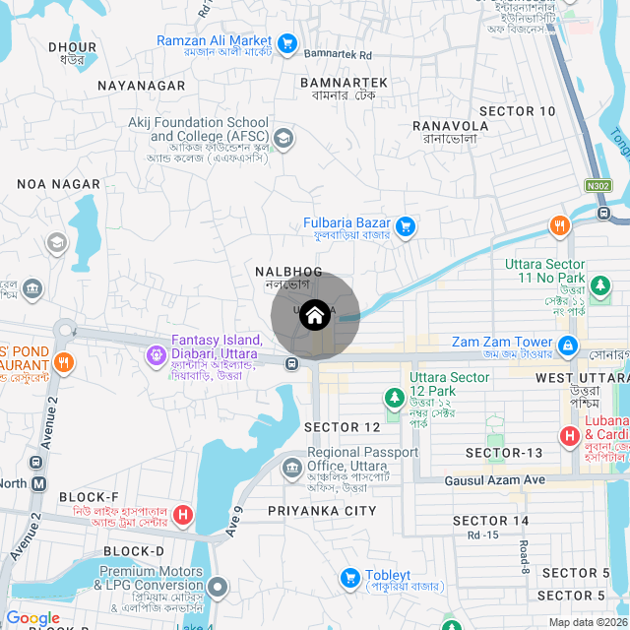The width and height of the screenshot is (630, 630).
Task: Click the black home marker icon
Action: [314, 315]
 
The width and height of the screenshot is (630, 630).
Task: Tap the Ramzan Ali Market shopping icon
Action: [287, 43]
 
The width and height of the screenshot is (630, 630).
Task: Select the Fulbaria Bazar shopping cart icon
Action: [406, 228]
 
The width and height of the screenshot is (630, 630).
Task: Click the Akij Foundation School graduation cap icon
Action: [283, 138]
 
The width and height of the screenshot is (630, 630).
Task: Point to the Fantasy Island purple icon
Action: [156, 354]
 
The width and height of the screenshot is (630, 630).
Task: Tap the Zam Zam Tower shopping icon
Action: [568, 346]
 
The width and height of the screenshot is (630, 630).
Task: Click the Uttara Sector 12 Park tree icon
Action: [394, 399]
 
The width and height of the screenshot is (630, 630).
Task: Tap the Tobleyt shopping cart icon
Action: [348, 577]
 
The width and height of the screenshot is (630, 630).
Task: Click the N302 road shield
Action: [598, 184]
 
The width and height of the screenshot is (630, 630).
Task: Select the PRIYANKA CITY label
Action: [322, 511]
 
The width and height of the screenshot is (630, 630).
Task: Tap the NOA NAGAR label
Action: [58, 184]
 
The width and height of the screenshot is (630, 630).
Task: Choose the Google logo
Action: [32, 618]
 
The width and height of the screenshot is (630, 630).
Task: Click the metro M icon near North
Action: [39, 483]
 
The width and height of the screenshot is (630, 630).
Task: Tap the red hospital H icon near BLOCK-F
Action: [182, 514]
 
